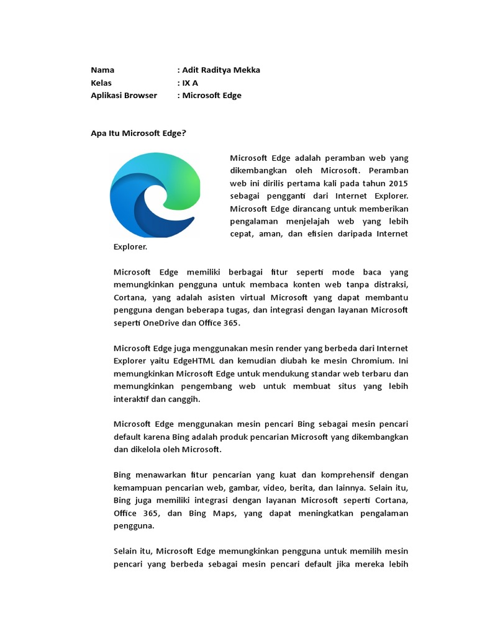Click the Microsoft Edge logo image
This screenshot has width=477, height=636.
(x=155, y=195)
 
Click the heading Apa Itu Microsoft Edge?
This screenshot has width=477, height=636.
(x=139, y=133)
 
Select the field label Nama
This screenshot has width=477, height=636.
(x=102, y=70)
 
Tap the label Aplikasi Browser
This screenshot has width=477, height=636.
(x=124, y=96)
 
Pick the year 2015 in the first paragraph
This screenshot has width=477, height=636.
(x=398, y=183)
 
